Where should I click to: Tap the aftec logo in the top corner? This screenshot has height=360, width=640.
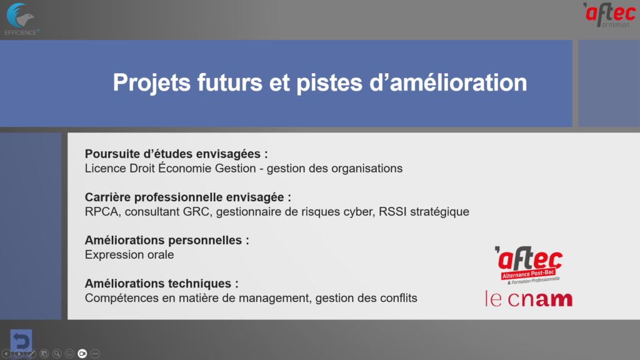(609, 15)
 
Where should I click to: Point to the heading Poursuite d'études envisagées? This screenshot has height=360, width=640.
(176, 154)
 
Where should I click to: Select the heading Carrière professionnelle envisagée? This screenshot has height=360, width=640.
(188, 197)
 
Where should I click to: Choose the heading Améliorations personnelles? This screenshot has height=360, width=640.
(167, 240)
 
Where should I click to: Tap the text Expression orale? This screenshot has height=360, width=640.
(129, 255)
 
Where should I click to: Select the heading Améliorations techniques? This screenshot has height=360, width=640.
(162, 283)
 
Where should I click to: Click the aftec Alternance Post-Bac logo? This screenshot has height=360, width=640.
(529, 265)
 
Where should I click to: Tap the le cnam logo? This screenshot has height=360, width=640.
(529, 298)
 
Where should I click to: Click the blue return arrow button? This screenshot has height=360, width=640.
(21, 339)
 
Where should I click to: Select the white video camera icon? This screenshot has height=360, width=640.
(82, 354)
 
